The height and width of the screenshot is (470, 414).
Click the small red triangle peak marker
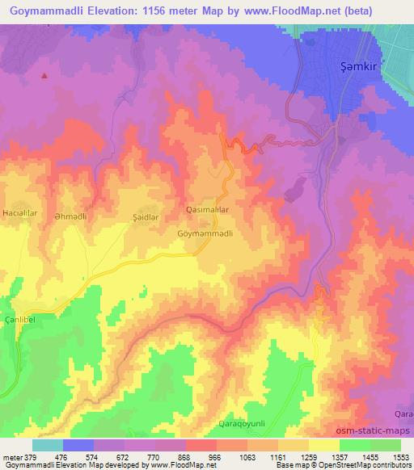44,76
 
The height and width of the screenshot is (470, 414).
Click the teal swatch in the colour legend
48,445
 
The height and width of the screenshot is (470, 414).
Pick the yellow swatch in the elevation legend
323,445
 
